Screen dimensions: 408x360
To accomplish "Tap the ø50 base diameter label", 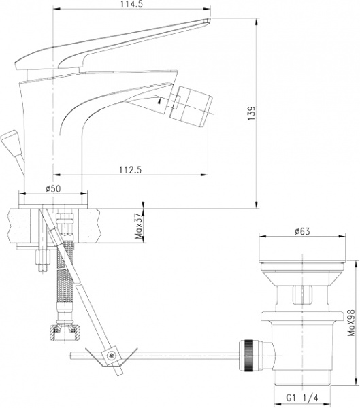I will pyautogui.click(x=54, y=188).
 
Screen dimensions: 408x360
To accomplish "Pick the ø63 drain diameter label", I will pyautogui.click(x=303, y=232).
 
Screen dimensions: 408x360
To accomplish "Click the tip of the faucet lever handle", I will pyautogui.click(x=204, y=23).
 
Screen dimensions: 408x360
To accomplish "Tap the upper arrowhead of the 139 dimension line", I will pyautogui.click(x=257, y=20).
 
